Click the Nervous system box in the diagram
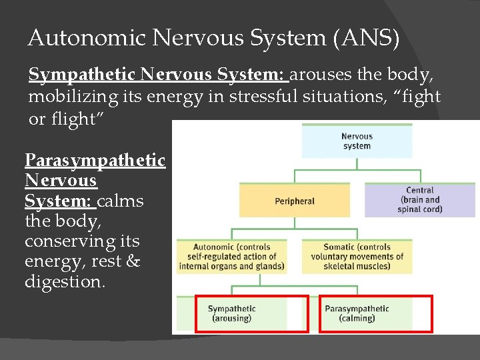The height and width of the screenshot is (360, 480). tap(357, 141)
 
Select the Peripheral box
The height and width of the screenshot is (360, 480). tap(294, 201)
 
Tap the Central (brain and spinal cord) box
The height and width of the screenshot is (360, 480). tap(420, 200)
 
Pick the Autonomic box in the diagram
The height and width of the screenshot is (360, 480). tap(231, 256)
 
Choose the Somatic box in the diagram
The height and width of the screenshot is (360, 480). tap(357, 256)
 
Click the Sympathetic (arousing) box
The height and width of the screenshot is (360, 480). tap(231, 313)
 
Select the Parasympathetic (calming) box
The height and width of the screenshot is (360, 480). tap(357, 313)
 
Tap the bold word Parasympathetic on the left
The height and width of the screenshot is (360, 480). tap(95, 160)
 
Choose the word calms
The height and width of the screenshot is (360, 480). tap(120, 201)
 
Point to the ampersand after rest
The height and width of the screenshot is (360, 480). tap(133, 262)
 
